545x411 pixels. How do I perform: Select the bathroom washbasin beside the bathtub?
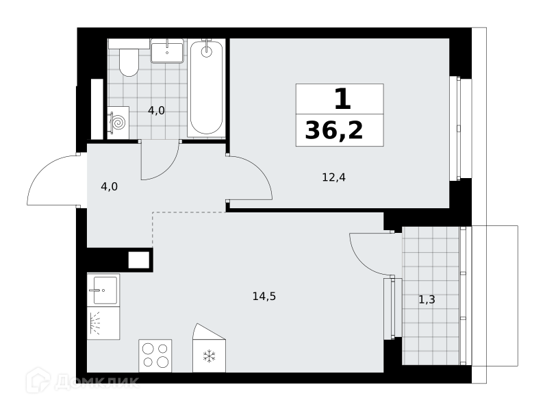(x=167, y=51)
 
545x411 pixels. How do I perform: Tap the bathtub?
(x=206, y=88)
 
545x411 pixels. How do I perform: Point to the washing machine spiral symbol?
(x=118, y=123)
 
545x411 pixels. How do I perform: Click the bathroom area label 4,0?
(x=156, y=110)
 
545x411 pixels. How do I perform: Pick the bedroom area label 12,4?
(x=333, y=177)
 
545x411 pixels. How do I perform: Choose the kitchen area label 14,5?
(x=264, y=297)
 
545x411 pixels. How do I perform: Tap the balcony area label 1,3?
(x=427, y=299)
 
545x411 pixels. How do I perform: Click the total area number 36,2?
(x=334, y=131)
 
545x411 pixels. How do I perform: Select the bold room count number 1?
(x=343, y=99)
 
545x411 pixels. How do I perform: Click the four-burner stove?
(x=155, y=356)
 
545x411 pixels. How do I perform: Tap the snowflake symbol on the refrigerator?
(x=210, y=356)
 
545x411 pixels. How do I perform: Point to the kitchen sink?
(x=103, y=290)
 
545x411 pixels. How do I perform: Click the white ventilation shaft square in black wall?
(x=139, y=260)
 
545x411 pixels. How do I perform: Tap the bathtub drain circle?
(x=207, y=51)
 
